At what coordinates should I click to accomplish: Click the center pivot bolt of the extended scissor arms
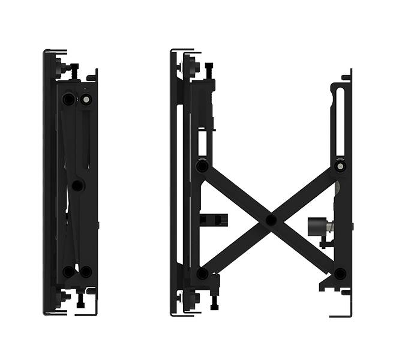point(271,220)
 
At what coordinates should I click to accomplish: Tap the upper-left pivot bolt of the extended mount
point(202,164)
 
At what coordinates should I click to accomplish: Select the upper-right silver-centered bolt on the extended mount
point(340,165)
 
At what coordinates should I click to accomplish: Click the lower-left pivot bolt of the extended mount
point(202,274)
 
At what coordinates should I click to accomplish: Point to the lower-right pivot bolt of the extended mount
point(340,274)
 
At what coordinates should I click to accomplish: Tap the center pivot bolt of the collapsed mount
point(77,185)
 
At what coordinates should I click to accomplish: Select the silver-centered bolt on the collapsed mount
point(86,99)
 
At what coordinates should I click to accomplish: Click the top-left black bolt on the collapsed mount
point(68,98)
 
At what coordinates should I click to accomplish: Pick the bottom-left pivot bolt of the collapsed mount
point(68,271)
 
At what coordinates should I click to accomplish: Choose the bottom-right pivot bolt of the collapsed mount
point(86,271)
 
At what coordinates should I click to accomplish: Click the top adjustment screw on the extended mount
point(209,70)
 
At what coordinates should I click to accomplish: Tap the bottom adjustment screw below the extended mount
point(214,302)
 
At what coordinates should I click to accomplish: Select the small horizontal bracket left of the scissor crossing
point(213,219)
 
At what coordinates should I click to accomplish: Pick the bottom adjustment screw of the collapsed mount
point(79,298)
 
